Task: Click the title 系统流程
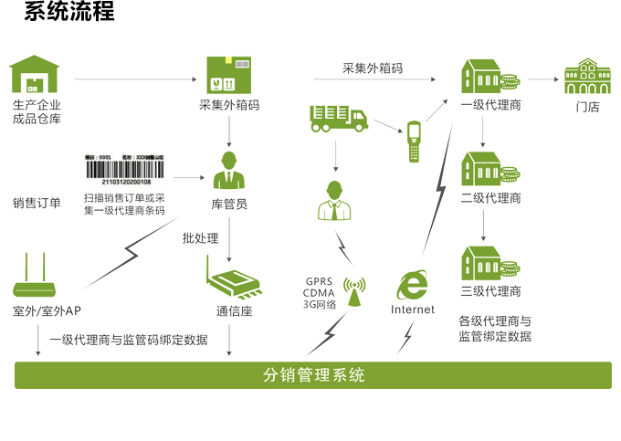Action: click(x=69, y=13)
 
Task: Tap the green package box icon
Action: click(x=228, y=74)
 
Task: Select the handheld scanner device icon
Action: click(x=415, y=141)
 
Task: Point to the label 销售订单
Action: click(x=37, y=203)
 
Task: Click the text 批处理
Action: click(x=200, y=238)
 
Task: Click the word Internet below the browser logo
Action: click(x=413, y=310)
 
